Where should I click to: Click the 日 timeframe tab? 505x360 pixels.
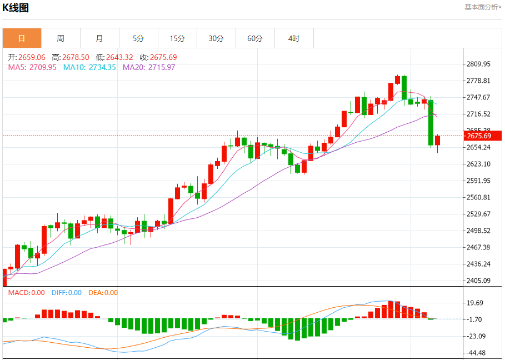(22, 38)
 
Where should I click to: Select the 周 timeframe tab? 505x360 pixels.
(61, 38)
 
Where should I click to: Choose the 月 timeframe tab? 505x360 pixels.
(99, 38)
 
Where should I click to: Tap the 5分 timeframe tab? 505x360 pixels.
(138, 38)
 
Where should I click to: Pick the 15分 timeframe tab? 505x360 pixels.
(177, 38)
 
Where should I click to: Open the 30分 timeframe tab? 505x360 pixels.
(216, 38)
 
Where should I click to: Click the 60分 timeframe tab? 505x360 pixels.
(255, 38)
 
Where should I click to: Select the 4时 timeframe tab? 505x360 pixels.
(294, 38)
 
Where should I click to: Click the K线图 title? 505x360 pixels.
(16, 8)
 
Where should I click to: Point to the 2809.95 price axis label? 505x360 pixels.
(479, 64)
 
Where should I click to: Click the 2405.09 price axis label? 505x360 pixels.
(479, 281)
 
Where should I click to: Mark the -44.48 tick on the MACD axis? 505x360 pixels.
(477, 353)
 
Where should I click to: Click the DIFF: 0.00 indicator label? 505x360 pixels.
(66, 293)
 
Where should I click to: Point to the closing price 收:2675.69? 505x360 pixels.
(158, 57)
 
